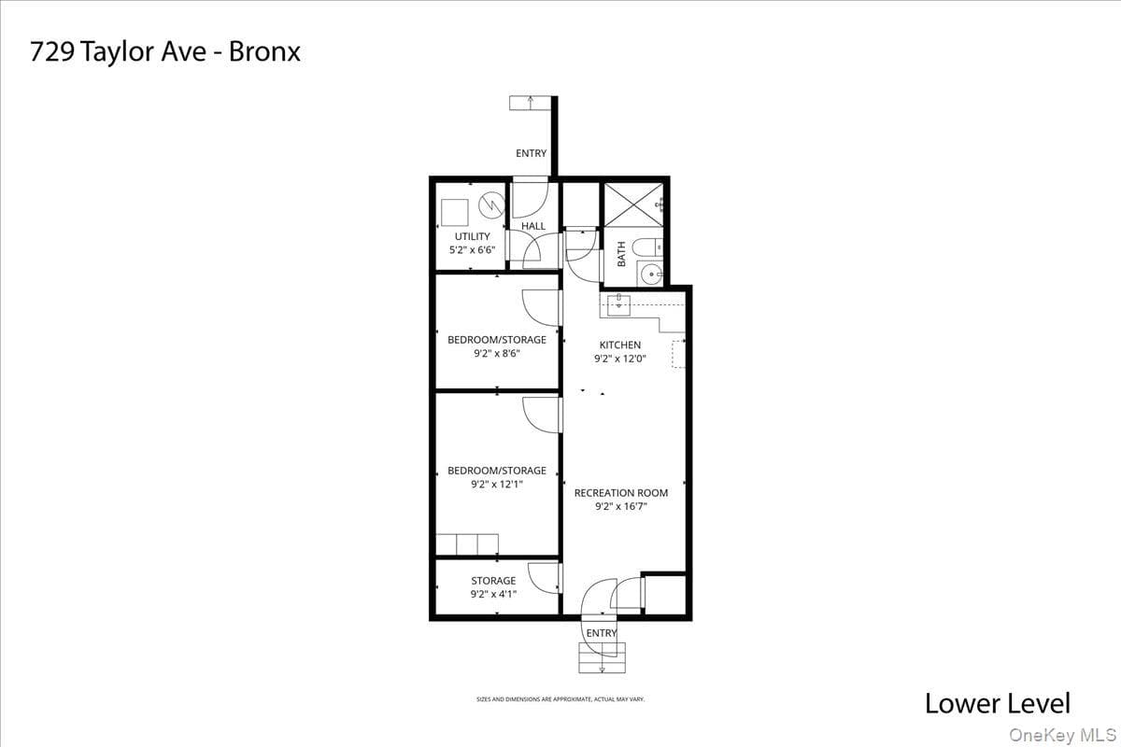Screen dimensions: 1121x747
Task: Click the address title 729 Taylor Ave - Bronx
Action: (x=165, y=51)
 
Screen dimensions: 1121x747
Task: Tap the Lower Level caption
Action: (x=998, y=703)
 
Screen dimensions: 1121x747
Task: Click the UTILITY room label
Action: (x=472, y=236)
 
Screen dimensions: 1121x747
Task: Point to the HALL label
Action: (x=533, y=226)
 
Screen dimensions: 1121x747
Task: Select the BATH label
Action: (x=621, y=254)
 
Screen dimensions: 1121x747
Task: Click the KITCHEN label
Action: (x=620, y=345)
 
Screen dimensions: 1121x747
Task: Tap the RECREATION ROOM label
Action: (x=621, y=493)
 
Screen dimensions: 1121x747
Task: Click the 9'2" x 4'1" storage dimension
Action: (x=493, y=594)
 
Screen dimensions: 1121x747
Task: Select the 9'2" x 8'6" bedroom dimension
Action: (x=497, y=353)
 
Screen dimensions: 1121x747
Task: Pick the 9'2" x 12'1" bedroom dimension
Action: (x=497, y=484)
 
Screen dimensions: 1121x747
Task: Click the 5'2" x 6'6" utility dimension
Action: (x=472, y=249)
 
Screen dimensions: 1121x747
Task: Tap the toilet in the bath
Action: (x=647, y=247)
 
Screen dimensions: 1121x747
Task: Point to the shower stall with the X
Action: (x=633, y=204)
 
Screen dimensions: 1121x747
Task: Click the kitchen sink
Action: (x=618, y=305)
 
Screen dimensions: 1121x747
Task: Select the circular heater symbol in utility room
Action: (x=491, y=205)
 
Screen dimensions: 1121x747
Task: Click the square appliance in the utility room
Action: (x=455, y=213)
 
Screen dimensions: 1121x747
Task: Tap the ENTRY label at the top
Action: (x=531, y=153)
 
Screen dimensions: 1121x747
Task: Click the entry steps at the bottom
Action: (x=602, y=657)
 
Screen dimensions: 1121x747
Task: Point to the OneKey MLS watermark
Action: (x=1062, y=735)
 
